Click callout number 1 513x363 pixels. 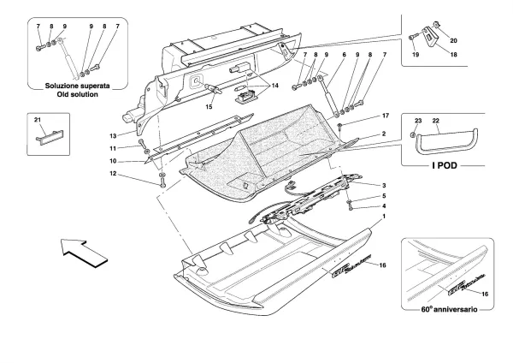point(385,217)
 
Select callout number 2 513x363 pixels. point(385,134)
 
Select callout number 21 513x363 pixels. point(38,118)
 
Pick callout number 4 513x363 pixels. point(385,206)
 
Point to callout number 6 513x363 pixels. point(343,56)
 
